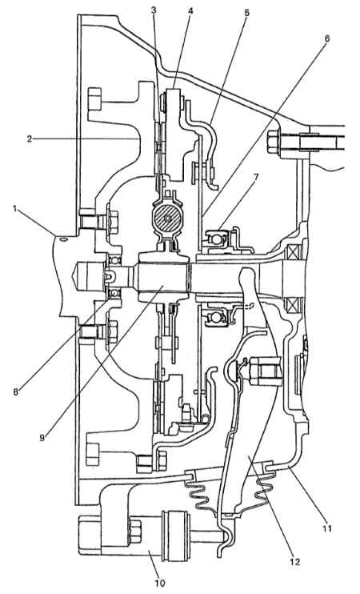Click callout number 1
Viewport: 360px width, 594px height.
coord(15,209)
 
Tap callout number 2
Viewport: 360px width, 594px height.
coord(30,138)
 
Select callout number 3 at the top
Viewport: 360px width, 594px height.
coord(154,11)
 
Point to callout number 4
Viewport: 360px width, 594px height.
coord(190,11)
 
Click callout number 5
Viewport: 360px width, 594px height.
coord(246,12)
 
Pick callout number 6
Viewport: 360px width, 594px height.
coord(326,38)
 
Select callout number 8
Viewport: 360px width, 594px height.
coord(15,392)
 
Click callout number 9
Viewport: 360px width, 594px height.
coord(42,438)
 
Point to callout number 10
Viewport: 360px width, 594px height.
coord(160,583)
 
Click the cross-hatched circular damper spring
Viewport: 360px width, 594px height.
coord(167,219)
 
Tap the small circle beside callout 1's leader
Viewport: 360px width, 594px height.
coord(63,239)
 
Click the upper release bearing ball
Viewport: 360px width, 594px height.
coord(216,239)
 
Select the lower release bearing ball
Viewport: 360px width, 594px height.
coord(216,315)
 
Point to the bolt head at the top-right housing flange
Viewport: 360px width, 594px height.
coord(273,142)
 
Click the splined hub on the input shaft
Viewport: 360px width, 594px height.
coord(163,277)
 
